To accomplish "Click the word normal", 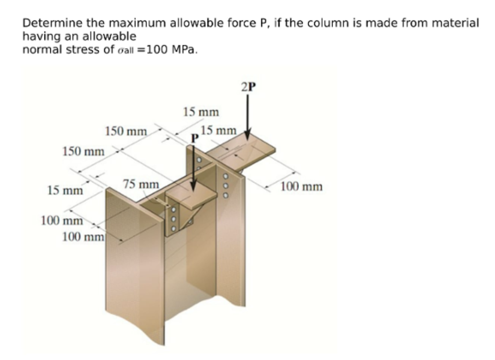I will pyautogui.click(x=47, y=50).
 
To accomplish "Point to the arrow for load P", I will pyautogui.click(x=194, y=168).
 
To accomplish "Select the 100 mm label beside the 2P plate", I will pyautogui.click(x=302, y=186).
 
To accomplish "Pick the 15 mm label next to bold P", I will pyautogui.click(x=219, y=131).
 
